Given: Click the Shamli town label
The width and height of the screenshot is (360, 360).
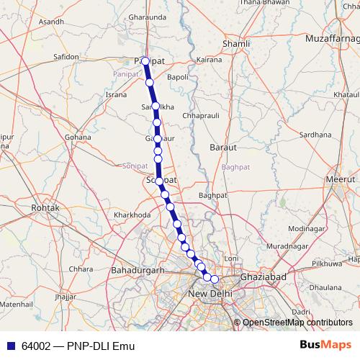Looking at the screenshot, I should pos(237,43).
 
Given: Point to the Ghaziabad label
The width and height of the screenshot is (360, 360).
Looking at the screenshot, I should pos(264,276).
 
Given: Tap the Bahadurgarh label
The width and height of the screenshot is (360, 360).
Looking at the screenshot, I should pos(139,270).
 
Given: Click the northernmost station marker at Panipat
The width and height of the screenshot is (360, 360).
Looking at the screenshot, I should pos(145,61).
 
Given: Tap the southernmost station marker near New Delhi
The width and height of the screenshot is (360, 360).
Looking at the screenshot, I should pos(214,279).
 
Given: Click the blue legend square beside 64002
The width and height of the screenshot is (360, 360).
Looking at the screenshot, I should pos(9,346).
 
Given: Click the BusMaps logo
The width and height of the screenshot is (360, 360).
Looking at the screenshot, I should pos(325,344).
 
